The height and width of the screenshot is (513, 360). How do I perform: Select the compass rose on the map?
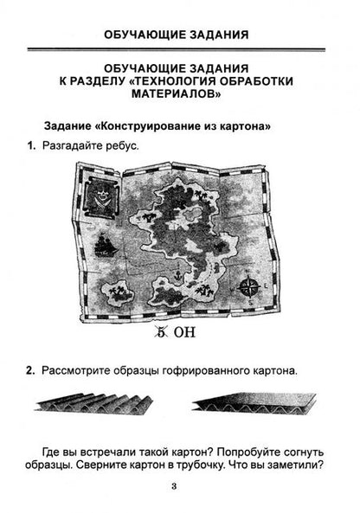tap(250, 287)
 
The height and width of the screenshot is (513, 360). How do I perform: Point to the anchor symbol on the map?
tap(178, 274)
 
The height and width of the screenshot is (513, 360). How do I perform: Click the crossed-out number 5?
tap(161, 332)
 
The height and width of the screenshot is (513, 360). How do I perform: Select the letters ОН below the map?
tap(184, 332)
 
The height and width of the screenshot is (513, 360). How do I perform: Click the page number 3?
tap(174, 486)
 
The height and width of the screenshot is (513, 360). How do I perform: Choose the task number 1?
tap(31, 145)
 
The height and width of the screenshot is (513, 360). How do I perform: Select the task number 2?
tap(30, 370)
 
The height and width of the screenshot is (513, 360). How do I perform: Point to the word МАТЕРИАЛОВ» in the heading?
tap(176, 94)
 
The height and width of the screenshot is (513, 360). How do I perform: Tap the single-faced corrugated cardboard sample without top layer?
tap(93, 404)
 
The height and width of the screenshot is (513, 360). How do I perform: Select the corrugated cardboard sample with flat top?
tap(254, 403)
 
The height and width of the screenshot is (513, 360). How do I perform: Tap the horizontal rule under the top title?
tap(177, 49)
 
